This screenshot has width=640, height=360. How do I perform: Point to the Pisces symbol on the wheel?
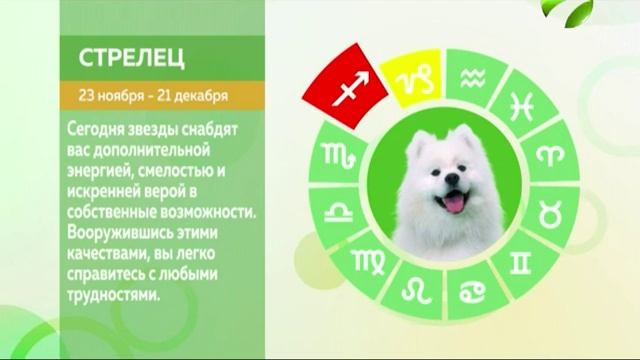point(522,105)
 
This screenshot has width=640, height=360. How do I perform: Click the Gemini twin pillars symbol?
point(521,263)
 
